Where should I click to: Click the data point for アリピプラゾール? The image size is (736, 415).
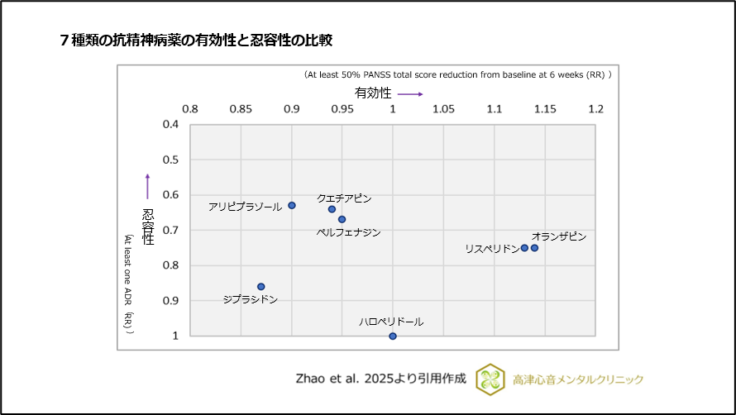pos(292,205)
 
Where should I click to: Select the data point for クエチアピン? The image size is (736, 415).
pos(332,209)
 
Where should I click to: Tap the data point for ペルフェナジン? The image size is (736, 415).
pos(342,219)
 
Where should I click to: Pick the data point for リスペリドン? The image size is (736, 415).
pos(524,248)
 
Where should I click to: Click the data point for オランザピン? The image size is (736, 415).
pos(534,248)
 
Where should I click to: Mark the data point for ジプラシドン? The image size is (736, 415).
pos(261,287)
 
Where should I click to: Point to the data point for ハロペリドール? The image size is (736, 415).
pos(393,336)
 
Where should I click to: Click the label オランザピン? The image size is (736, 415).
pos(559,236)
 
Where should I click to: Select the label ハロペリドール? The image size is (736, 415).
pos(391,322)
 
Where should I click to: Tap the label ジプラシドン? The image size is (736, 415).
pos(251,299)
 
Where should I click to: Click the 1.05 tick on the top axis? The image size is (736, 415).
pos(443,109)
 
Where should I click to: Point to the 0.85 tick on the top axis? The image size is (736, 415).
pos(241,109)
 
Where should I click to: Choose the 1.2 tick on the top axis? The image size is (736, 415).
pos(595,109)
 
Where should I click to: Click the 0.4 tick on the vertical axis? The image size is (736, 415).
pos(170,125)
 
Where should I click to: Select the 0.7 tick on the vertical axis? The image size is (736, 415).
pos(170,231)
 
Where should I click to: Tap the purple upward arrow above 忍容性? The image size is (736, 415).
pos(147,186)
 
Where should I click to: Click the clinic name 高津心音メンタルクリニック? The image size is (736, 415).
pos(577,379)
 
